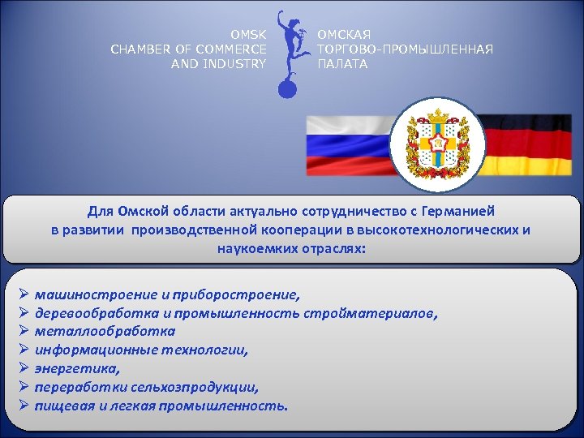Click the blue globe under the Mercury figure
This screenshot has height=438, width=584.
point(289,88)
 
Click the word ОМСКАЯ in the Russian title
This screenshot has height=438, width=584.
point(343,35)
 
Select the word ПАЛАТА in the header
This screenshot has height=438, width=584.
point(341,64)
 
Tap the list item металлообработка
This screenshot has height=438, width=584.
point(105,332)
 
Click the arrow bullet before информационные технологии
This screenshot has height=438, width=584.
point(24,350)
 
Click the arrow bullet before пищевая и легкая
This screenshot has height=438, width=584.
point(24,406)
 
